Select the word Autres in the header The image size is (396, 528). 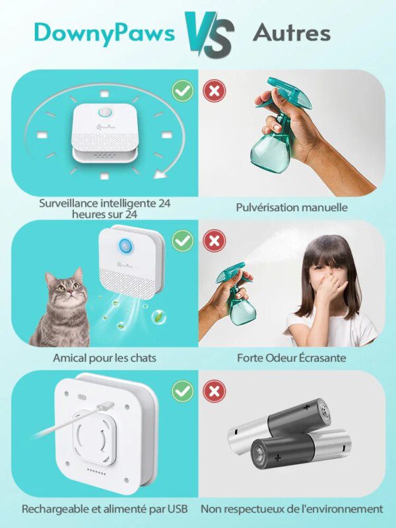point(291,32)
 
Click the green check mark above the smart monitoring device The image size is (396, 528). point(182,90)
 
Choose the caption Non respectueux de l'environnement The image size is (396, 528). point(291,509)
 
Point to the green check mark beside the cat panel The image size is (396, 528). point(182,241)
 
